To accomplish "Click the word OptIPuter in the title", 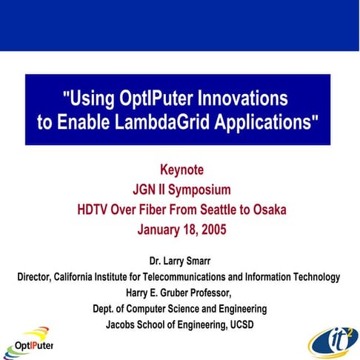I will pos(156,97).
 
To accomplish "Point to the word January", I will pos(160,230).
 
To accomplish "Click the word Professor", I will pos(221,293).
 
